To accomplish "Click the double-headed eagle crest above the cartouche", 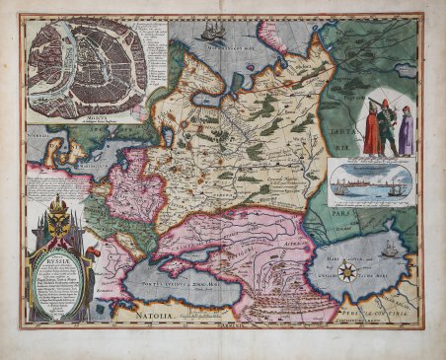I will pyautogui.click(x=59, y=210).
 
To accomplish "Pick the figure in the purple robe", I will pyautogui.click(x=407, y=132).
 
